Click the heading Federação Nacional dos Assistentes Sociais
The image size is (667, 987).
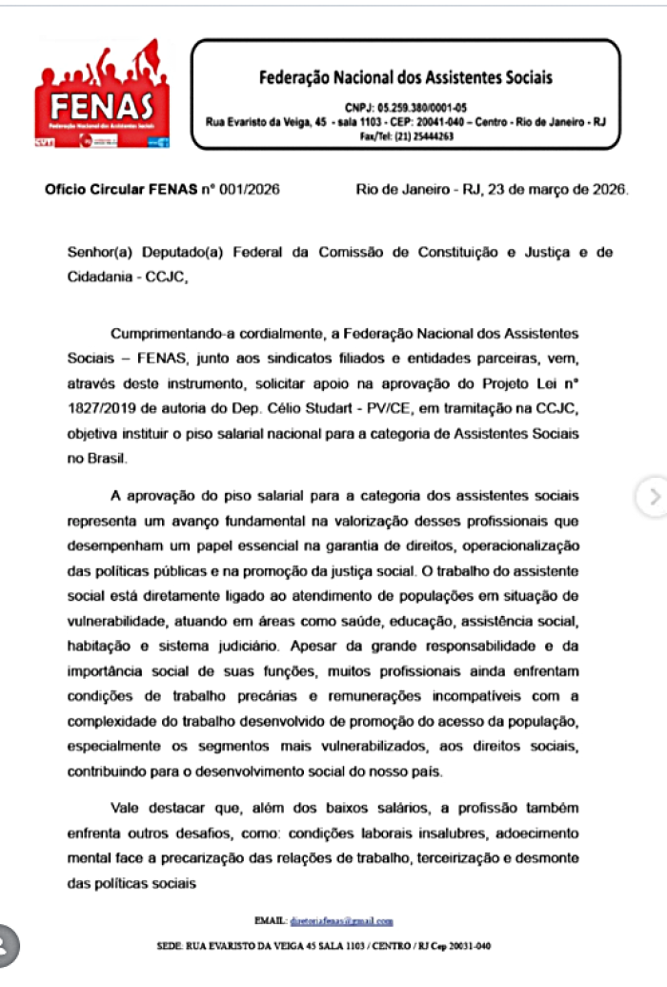405,77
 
